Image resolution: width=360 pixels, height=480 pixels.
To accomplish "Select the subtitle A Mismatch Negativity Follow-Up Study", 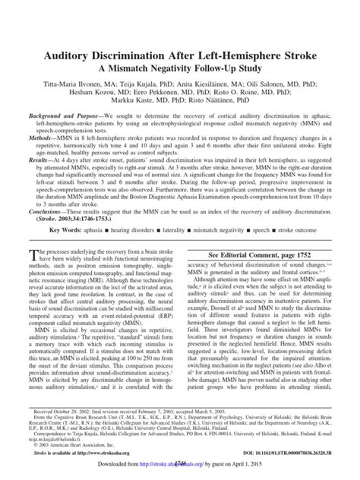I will tap(180, 50).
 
